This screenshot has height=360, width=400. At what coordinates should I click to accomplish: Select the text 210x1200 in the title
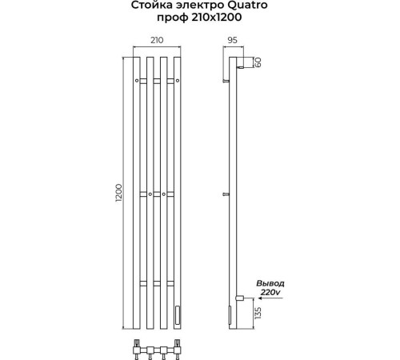click(x=215, y=18)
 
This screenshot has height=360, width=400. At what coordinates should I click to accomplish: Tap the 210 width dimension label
click(x=157, y=40)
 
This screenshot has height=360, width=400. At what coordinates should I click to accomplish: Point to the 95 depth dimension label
click(x=232, y=40)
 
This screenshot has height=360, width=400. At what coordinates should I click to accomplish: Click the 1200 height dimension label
click(x=118, y=193)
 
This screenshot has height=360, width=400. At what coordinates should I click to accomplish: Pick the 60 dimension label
click(x=258, y=62)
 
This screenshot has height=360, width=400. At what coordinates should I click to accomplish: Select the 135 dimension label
click(x=258, y=313)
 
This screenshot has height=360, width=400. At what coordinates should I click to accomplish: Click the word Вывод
click(x=270, y=283)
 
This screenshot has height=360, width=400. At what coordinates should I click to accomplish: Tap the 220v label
click(x=270, y=292)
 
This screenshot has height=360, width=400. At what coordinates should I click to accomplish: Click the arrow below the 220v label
click(x=270, y=298)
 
